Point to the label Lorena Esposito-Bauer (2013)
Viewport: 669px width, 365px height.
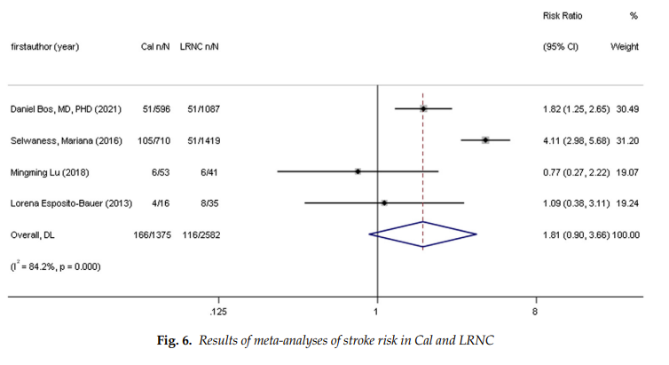pyautogui.click(x=71, y=203)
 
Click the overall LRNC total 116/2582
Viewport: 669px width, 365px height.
pyautogui.click(x=199, y=234)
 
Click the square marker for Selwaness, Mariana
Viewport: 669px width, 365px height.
pyautogui.click(x=486, y=140)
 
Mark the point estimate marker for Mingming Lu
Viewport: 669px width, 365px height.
pyautogui.click(x=358, y=171)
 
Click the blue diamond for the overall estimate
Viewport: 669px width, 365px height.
pyautogui.click(x=423, y=234)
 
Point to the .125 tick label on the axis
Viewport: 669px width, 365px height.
pyautogui.click(x=217, y=313)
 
